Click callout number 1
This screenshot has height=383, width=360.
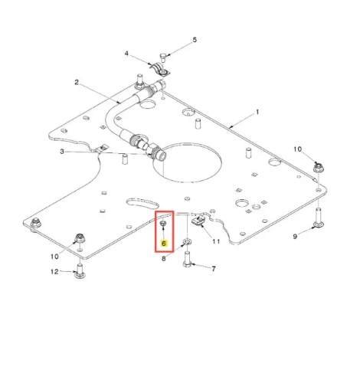click(x=257, y=112)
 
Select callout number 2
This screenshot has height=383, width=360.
click(x=77, y=82)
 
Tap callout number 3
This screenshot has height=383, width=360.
click(x=62, y=152)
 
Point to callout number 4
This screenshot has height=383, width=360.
click(x=126, y=54)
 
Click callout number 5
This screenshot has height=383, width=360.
click(x=195, y=40)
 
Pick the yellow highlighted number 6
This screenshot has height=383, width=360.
click(x=164, y=244)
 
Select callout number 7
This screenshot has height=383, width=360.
click(x=214, y=269)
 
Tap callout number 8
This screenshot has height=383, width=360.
click(x=164, y=259)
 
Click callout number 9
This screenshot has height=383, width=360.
click(x=295, y=237)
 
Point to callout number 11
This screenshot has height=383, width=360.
click(x=216, y=241)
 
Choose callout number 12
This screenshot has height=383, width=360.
click(x=54, y=271)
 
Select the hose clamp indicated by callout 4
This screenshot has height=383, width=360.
click(x=160, y=70)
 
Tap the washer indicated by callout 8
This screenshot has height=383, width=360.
click(x=187, y=241)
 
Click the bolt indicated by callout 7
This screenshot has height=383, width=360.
click(x=187, y=259)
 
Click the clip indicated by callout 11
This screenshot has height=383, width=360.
click(x=198, y=221)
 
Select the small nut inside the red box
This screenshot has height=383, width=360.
click(x=163, y=224)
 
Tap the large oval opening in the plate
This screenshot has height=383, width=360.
click(x=187, y=162)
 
